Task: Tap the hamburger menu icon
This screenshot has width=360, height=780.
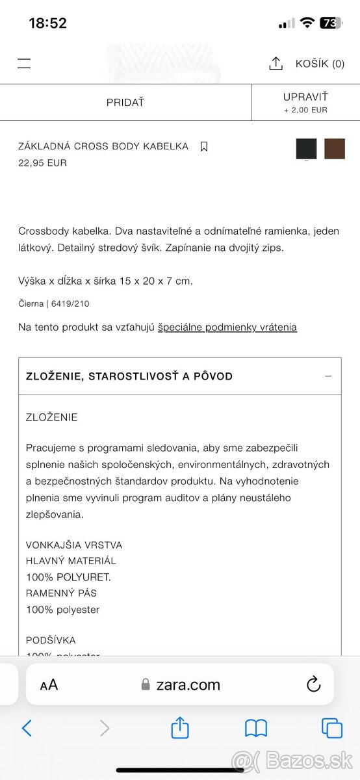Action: (24, 64)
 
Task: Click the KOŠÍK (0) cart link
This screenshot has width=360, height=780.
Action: (320, 64)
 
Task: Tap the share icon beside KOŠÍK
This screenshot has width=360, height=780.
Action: (276, 64)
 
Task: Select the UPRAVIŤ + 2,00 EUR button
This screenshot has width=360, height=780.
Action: (305, 103)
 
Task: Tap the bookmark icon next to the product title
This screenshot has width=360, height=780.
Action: (204, 147)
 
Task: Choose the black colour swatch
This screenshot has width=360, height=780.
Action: (306, 149)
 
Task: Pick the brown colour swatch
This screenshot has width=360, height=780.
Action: (335, 149)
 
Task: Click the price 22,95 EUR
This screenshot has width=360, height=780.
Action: (42, 163)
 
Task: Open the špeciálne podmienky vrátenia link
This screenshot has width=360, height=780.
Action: (227, 328)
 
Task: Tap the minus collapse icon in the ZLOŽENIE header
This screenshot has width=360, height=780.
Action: (328, 376)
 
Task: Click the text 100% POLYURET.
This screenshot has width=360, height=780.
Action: (68, 577)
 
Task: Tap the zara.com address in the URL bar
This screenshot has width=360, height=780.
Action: (188, 684)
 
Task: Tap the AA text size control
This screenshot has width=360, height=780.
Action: (49, 684)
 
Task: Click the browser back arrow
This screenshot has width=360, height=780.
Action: (27, 728)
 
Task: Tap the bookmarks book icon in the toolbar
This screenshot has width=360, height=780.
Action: (256, 729)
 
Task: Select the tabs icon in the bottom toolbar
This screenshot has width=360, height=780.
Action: (332, 729)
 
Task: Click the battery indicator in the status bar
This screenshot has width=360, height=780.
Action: (330, 23)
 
